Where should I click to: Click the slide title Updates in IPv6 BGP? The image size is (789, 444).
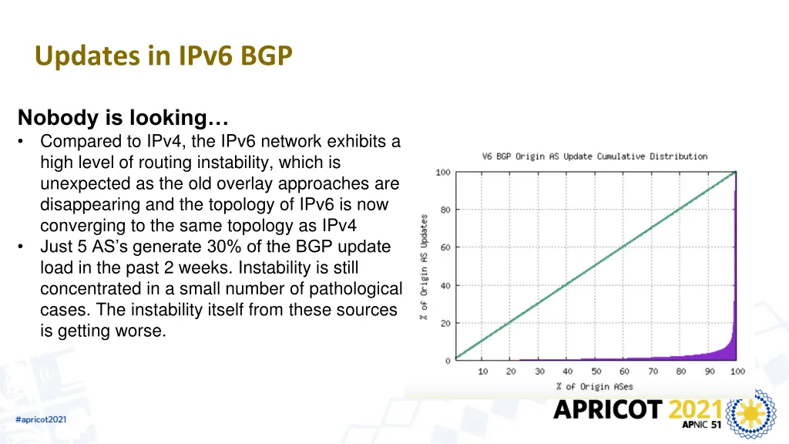tap(163, 56)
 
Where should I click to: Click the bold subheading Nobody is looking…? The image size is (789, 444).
tap(123, 118)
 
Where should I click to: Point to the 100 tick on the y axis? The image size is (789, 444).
tap(443, 172)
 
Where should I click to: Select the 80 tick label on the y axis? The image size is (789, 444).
tap(445, 210)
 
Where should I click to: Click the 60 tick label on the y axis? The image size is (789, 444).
tap(445, 247)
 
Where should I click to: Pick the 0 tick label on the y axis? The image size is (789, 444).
tap(448, 361)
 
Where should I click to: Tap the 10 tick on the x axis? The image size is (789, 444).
tap(483, 372)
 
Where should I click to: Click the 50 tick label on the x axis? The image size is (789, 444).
tap(596, 372)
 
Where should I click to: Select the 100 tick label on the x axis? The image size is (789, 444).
tap(737, 372)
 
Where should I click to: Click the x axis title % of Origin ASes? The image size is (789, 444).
tap(594, 386)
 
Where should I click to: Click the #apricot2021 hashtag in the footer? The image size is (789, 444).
tap(41, 419)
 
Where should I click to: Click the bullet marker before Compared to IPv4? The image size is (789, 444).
tap(23, 142)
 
